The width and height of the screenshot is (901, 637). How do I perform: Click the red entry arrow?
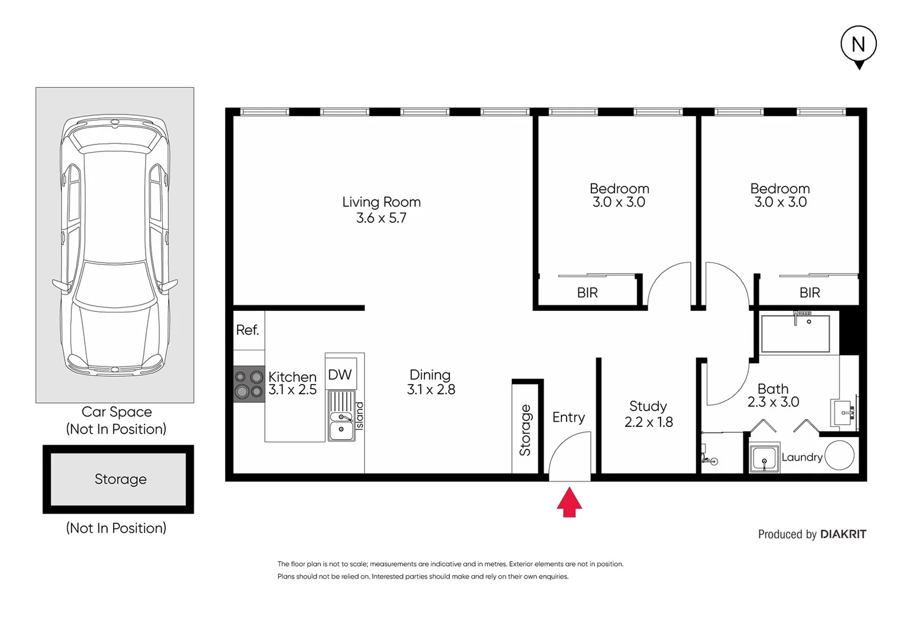click(569, 503)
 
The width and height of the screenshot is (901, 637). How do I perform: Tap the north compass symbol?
click(859, 45)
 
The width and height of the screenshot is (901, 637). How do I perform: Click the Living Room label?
click(382, 202)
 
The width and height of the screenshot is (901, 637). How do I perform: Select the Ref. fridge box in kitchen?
click(248, 330)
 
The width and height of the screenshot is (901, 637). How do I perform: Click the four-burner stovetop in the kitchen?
click(249, 384)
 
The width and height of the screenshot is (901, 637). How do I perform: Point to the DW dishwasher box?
click(340, 374)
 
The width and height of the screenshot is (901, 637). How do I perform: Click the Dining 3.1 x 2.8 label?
click(430, 382)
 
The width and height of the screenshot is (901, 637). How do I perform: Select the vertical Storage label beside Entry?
click(525, 430)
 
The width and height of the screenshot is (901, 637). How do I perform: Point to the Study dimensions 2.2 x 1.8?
click(648, 422)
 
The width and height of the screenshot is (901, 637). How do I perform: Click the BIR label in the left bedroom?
click(587, 293)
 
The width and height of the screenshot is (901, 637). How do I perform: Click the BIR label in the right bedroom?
click(810, 293)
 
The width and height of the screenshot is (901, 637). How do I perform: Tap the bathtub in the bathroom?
click(795, 334)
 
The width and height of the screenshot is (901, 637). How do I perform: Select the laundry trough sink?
click(764, 458)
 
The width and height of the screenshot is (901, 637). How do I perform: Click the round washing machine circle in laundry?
click(839, 455)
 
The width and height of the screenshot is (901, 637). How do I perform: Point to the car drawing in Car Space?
click(115, 245)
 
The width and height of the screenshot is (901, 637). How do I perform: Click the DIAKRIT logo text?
click(843, 534)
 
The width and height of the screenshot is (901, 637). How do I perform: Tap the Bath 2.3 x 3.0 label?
click(773, 395)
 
